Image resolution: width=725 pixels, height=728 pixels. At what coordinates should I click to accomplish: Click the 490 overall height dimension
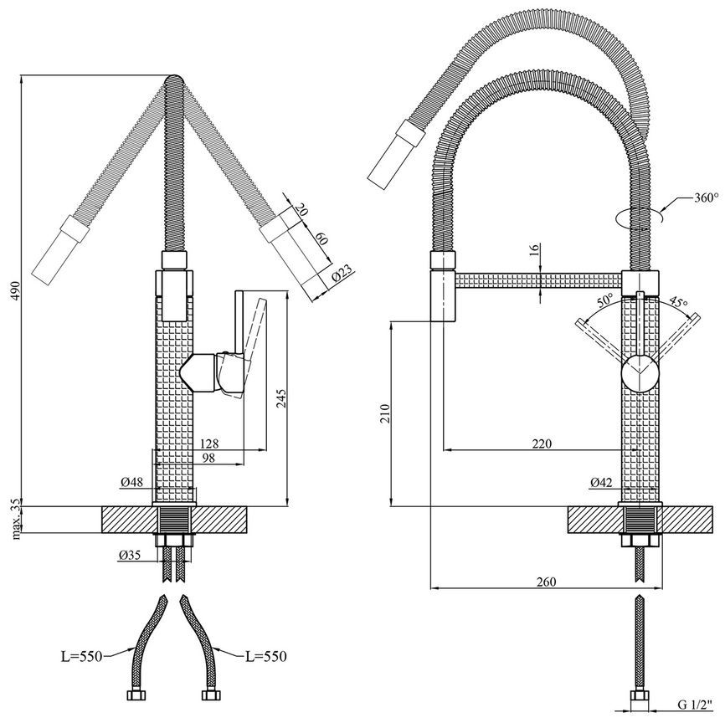pyautogui.click(x=16, y=290)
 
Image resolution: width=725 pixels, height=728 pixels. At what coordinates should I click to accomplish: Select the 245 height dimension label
pyautogui.click(x=282, y=398)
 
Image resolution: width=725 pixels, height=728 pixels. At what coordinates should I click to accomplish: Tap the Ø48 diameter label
pyautogui.click(x=132, y=482)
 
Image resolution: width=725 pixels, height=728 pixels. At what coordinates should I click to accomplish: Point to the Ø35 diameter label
pyautogui.click(x=130, y=554)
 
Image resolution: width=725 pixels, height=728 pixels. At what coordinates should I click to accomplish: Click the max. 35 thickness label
pyautogui.click(x=16, y=519)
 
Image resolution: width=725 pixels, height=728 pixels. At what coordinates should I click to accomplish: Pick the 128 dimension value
pyautogui.click(x=209, y=443)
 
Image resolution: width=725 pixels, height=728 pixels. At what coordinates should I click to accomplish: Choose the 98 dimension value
pyautogui.click(x=209, y=458)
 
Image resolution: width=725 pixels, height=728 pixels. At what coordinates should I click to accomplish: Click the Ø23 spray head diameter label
pyautogui.click(x=342, y=274)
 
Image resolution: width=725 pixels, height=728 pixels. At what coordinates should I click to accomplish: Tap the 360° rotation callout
pyautogui.click(x=706, y=197)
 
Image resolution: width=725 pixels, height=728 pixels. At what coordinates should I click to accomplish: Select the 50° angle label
pyautogui.click(x=605, y=300)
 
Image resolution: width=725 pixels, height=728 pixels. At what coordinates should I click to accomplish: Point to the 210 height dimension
pyautogui.click(x=384, y=414)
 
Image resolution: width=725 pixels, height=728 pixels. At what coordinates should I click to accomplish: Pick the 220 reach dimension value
pyautogui.click(x=542, y=443)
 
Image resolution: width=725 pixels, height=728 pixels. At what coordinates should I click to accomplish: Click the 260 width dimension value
pyautogui.click(x=546, y=582)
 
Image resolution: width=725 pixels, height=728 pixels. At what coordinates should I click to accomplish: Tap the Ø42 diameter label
pyautogui.click(x=601, y=482)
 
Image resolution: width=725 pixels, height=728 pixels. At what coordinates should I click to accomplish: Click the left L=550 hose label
pyautogui.click(x=81, y=657)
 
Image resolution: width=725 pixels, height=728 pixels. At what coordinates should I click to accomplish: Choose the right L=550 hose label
pyautogui.click(x=266, y=656)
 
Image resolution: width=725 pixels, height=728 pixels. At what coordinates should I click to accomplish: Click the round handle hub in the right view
pyautogui.click(x=640, y=373)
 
